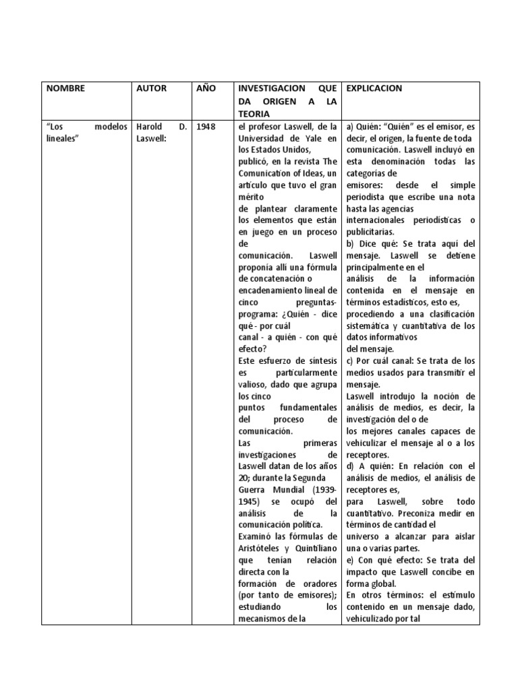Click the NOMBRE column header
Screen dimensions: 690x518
click(x=66, y=88)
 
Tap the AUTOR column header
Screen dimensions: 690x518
click(x=151, y=88)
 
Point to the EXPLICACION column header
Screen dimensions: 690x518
click(x=374, y=88)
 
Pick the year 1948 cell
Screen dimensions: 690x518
click(x=206, y=127)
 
